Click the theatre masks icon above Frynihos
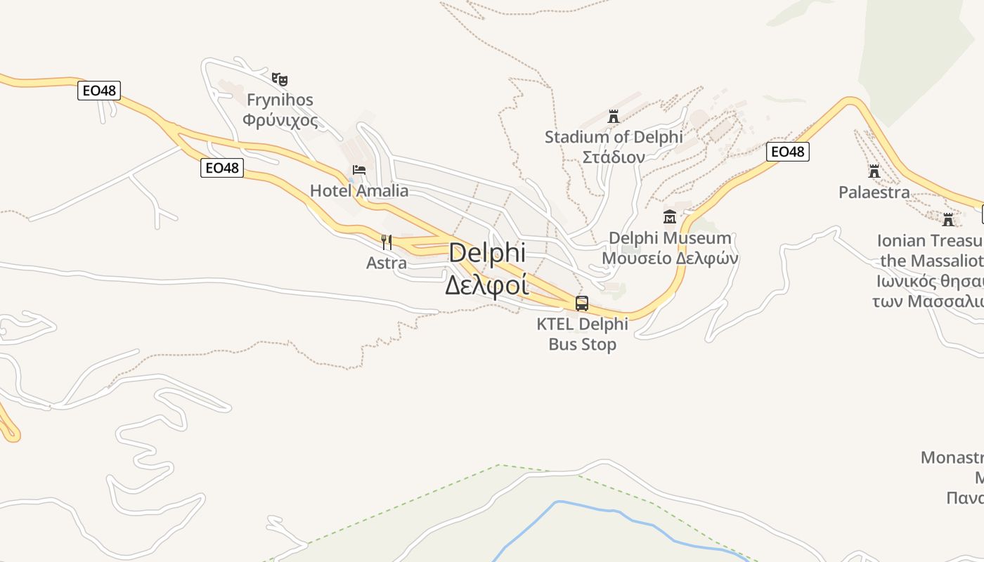[x=280, y=79]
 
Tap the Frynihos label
[x=280, y=100]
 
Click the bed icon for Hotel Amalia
[x=359, y=170]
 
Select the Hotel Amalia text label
[x=359, y=190]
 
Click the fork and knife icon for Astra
[x=386, y=242]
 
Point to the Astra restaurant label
[x=386, y=263]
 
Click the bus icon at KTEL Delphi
[x=582, y=303]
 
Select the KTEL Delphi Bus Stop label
[x=583, y=334]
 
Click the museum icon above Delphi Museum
[x=669, y=216]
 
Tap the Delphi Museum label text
[x=670, y=238]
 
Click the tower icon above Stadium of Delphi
[x=614, y=116]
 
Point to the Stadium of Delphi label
[x=614, y=137]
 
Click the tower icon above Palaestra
[x=874, y=171]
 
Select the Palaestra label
[x=874, y=192]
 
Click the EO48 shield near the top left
[x=99, y=91]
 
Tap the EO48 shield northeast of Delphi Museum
[x=787, y=152]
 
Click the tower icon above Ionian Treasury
[x=948, y=220]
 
